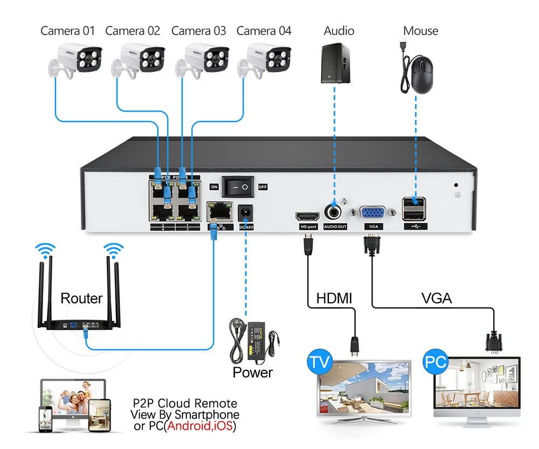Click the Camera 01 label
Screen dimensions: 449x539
click(67, 31)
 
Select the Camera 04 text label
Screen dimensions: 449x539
click(264, 31)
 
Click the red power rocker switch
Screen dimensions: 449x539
click(237, 187)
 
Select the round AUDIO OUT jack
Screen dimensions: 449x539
click(335, 211)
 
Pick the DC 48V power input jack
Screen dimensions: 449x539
click(245, 212)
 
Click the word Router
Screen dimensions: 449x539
click(81, 298)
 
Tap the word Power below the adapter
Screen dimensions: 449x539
click(252, 372)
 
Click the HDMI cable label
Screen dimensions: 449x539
click(334, 298)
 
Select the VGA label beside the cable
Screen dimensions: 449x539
click(436, 298)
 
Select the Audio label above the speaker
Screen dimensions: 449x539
click(338, 31)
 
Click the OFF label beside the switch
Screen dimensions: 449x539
click(263, 187)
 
